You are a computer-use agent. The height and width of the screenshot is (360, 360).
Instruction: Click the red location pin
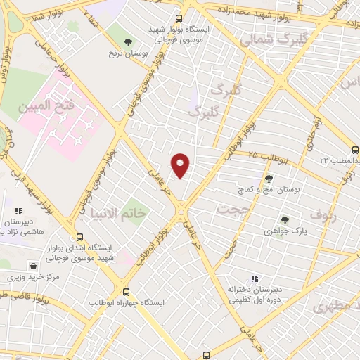click(x=181, y=165)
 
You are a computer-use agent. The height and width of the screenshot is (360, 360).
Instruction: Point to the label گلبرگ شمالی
click(x=268, y=40)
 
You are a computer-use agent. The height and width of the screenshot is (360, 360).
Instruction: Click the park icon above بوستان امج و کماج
click(x=268, y=179)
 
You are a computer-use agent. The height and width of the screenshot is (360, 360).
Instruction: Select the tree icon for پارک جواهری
click(x=285, y=219)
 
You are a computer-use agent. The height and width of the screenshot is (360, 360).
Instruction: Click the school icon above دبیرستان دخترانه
click(x=255, y=279)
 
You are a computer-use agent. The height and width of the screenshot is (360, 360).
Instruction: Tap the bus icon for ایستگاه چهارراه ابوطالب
click(x=126, y=292)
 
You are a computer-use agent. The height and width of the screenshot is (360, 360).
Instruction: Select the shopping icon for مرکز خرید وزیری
click(x=33, y=266)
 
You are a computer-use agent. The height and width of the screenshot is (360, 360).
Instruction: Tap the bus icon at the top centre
click(x=179, y=19)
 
